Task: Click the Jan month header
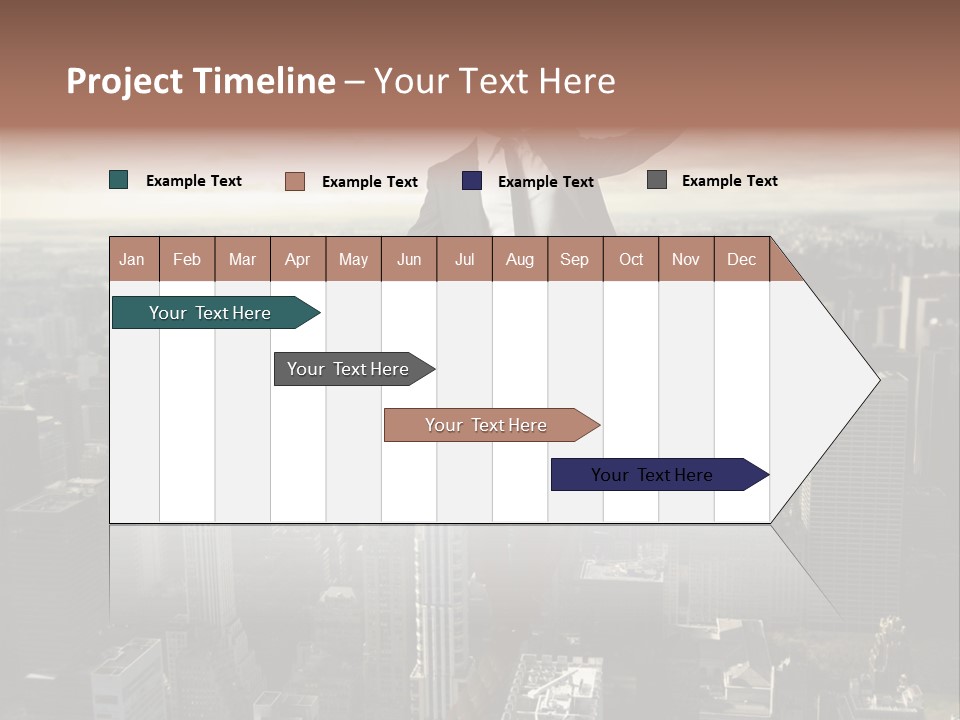tap(132, 259)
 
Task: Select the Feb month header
tap(187, 259)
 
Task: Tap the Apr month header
tap(297, 259)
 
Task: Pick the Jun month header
tap(409, 259)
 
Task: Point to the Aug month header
tap(519, 259)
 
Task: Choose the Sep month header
tap(574, 259)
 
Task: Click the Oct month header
tap(631, 259)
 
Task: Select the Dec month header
tap(741, 259)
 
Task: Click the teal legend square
tap(119, 180)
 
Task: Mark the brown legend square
tap(295, 181)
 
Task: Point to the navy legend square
tap(472, 181)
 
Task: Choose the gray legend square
tap(657, 180)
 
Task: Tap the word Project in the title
tap(124, 81)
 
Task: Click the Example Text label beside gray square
tap(729, 180)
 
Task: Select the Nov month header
tap(686, 259)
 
